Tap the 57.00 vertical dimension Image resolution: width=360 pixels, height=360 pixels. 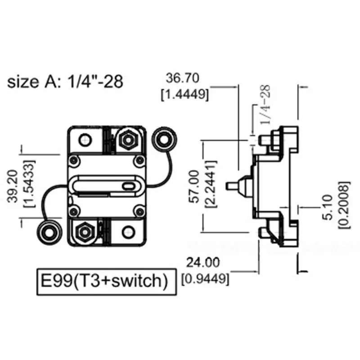[195, 187]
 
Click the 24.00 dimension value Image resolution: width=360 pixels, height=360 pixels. [204, 262]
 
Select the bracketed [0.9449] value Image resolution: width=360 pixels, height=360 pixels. [205, 279]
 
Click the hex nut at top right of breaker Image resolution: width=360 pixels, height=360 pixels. [126, 140]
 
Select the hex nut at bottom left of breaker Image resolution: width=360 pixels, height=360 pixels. [84, 232]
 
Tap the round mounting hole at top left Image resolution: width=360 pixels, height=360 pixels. [85, 140]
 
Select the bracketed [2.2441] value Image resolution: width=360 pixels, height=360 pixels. [211, 187]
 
